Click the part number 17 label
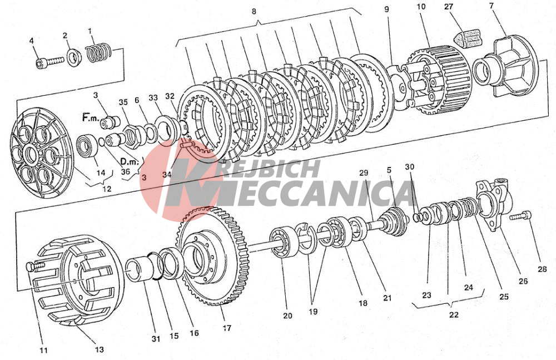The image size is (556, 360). coord(226,328)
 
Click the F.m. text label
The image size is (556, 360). coord(91,117)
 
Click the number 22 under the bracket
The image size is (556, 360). coord(454,314)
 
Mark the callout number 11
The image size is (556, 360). coord(43,350)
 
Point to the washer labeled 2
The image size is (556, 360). coord(72,57)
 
